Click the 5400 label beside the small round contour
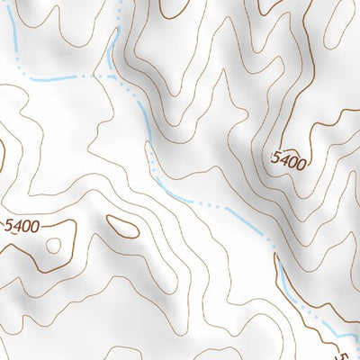pyautogui.click(x=22, y=226)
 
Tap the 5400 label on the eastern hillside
pyautogui.click(x=289, y=162)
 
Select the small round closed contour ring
pyautogui.click(x=53, y=245)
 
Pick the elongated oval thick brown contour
pyautogui.click(x=122, y=226)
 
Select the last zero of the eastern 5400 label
pyautogui.click(x=301, y=164)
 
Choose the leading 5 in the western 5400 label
pyautogui.click(x=9, y=226)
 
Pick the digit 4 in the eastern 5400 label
pyautogui.click(x=284, y=161)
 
